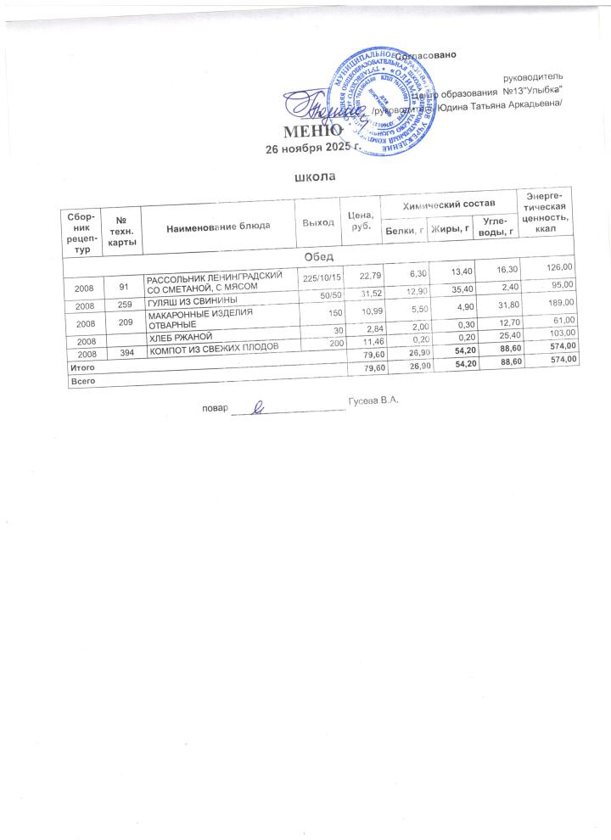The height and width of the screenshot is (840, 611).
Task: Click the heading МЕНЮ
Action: click(x=312, y=132)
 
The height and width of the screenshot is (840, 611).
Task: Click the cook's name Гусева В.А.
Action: click(x=373, y=400)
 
